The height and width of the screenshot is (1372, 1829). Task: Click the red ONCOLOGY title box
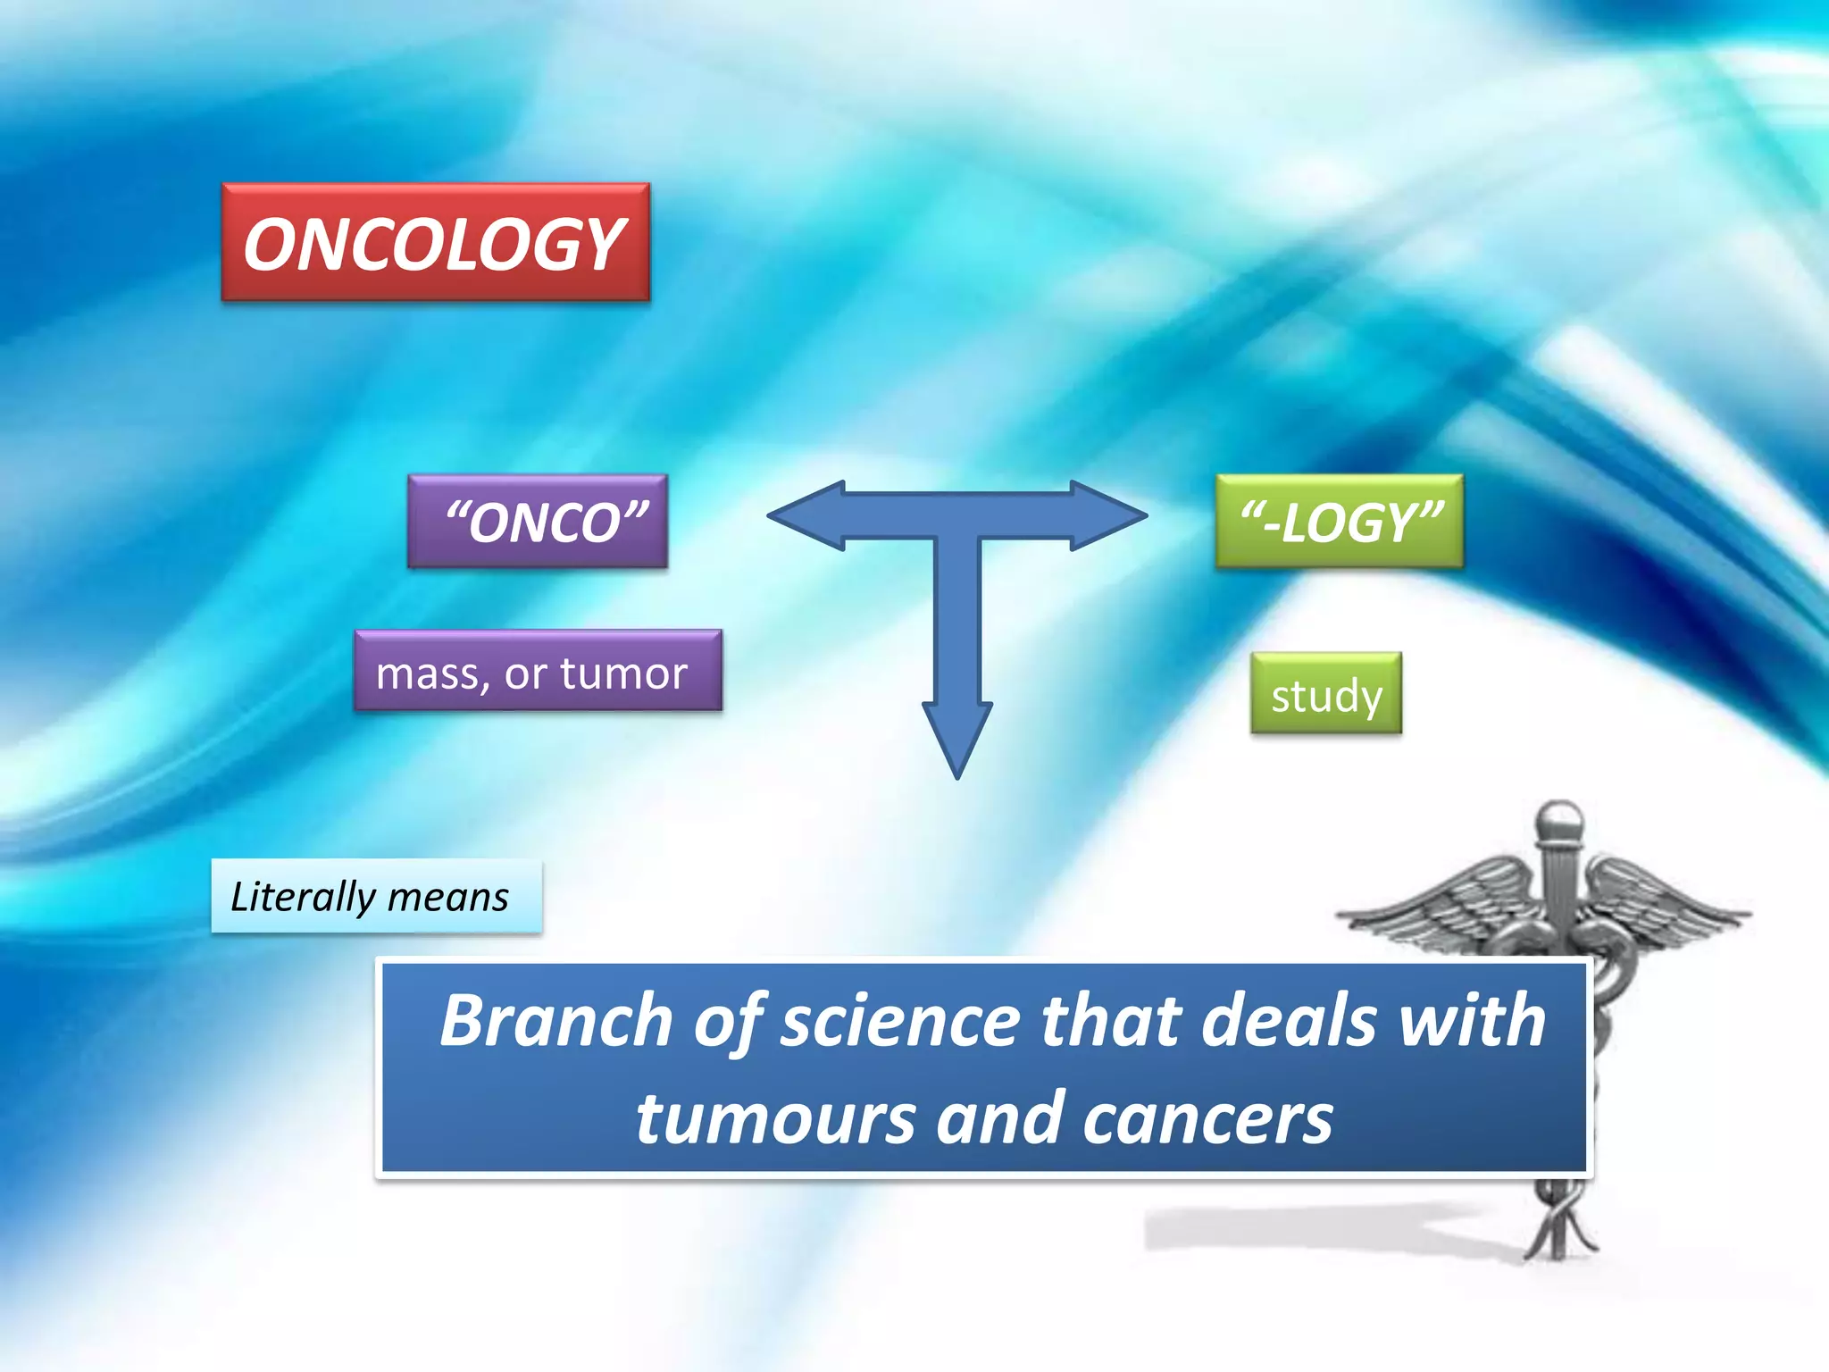pos(435,242)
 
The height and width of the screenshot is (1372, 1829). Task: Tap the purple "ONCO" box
pos(538,522)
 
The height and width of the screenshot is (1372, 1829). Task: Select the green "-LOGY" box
pos(1339,522)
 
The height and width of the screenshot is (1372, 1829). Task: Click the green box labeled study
pos(1326,694)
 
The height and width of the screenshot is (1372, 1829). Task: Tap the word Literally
pos(303,897)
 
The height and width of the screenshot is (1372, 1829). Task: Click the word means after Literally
pos(448,897)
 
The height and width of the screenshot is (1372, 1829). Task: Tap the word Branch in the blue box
pos(556,1020)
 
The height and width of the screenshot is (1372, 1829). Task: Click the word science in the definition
pos(900,1020)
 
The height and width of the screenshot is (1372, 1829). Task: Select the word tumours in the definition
pos(775,1118)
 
